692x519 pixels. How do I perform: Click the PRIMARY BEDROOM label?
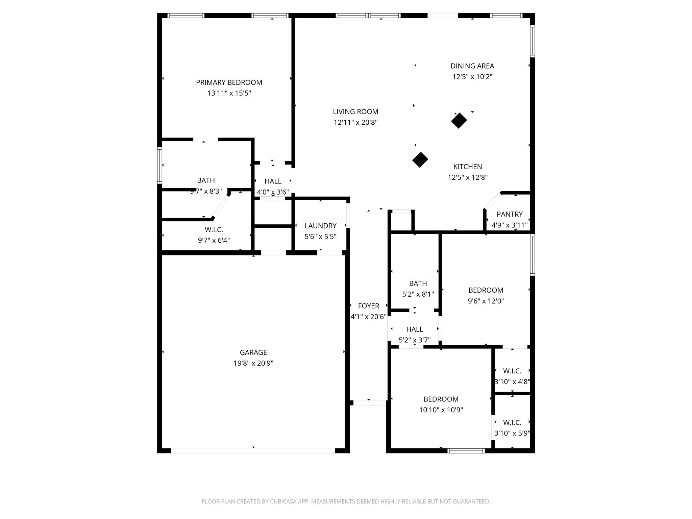pos(229,82)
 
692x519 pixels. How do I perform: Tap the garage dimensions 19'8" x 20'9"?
pos(253,363)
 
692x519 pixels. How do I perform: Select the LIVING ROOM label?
pos(355,112)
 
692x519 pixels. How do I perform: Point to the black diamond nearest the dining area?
pos(459,120)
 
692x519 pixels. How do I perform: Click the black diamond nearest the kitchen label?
pos(420,159)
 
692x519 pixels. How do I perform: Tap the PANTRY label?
pos(510,214)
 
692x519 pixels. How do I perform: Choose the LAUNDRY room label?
pos(320,226)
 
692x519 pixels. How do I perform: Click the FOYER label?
pos(368,306)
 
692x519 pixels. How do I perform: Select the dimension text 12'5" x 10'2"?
pos(472,77)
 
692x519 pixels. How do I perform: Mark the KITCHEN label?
pos(467,167)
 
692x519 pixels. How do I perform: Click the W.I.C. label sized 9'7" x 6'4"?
pos(214,230)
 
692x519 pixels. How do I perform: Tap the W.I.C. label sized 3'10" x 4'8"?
pos(512,371)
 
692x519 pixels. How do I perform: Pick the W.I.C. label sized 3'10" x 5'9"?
pos(512,422)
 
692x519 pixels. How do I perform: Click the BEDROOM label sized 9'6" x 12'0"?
pos(486,290)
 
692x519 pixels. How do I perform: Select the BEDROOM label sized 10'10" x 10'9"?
pos(441,399)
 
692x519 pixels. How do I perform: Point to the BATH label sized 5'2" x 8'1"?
pos(418,283)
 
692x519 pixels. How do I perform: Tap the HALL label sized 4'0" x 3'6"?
pos(273,181)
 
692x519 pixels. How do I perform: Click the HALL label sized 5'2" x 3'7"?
pos(414,329)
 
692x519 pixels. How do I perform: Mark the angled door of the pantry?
pos(493,201)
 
